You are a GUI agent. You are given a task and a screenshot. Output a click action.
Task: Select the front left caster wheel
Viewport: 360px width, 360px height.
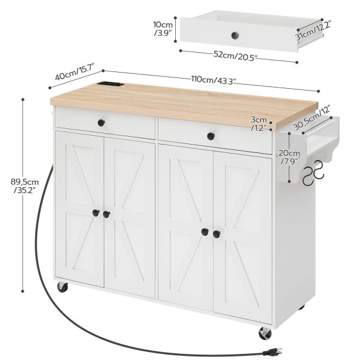point(62,287)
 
